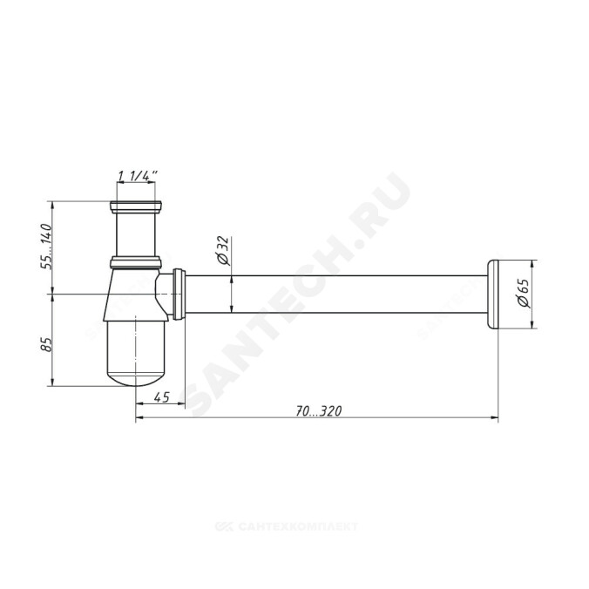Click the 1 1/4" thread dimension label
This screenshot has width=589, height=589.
click(138, 175)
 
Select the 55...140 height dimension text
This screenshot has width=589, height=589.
click(46, 246)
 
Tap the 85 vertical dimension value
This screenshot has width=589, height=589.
click(46, 343)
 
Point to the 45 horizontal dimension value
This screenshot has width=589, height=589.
click(162, 396)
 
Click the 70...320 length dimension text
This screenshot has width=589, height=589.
click(318, 411)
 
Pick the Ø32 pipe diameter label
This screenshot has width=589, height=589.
click(223, 251)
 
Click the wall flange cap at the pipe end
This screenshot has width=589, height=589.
click(492, 294)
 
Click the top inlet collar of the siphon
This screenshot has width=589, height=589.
click(136, 207)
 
